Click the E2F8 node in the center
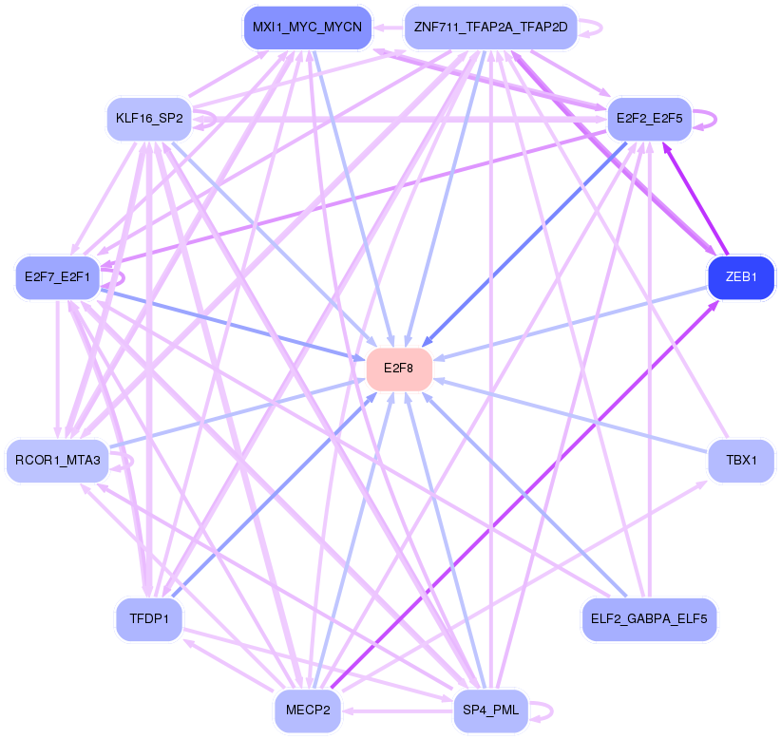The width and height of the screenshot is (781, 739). [399, 369]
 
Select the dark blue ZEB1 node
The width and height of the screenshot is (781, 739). [741, 277]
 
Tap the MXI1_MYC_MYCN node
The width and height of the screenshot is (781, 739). [307, 27]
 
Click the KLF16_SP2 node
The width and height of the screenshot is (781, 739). [149, 119]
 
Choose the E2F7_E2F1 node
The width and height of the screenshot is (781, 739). [57, 277]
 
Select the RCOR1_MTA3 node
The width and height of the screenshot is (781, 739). [58, 461]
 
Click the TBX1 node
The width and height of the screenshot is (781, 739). [741, 461]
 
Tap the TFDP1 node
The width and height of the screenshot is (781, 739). [149, 619]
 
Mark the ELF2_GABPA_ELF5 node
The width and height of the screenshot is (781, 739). [649, 619]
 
